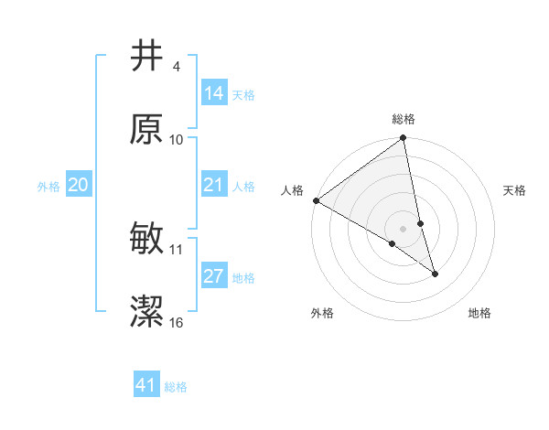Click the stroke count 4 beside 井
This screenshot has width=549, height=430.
coord(176,67)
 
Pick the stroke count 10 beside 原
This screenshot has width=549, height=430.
coord(177,140)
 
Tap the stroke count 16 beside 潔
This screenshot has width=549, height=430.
coord(177,323)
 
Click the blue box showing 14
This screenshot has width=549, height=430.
coord(213,93)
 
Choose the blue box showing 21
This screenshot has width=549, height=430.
coord(213,185)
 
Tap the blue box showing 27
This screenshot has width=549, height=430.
coord(213,276)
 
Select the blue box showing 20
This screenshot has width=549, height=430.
coord(78,185)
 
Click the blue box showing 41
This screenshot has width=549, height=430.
coord(146,385)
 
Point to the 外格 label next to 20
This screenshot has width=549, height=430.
coord(48,186)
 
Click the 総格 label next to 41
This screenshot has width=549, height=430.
coord(176,387)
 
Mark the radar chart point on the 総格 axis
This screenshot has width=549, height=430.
coord(404,139)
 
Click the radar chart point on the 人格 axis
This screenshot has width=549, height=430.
coord(317,200)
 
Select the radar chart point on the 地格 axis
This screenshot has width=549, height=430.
coord(435,273)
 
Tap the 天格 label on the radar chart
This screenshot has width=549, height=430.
coord(515,190)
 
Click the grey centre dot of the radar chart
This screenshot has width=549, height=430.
coord(404,228)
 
